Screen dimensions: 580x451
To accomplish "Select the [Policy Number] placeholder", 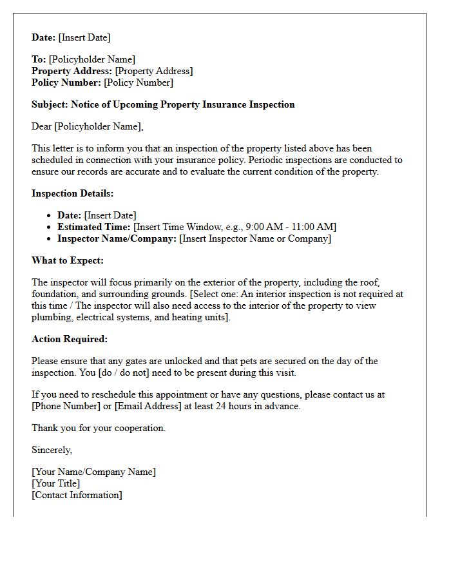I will [x=139, y=82].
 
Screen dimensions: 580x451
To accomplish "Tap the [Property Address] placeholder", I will [x=154, y=71].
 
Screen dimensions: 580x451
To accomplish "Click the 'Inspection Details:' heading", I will [x=72, y=193].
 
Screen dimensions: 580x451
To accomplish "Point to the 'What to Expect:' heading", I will [x=68, y=260].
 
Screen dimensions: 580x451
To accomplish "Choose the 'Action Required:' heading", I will [x=70, y=339].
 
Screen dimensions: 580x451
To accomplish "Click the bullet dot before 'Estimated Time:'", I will [x=50, y=227].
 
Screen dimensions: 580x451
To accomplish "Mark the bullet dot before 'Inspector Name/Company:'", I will [x=50, y=239].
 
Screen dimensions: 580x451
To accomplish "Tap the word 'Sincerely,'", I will [x=52, y=450].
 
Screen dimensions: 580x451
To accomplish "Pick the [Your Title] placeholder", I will [x=56, y=483].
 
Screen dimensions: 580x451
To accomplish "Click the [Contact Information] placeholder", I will [x=77, y=495].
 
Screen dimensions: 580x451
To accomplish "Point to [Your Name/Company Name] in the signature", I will [x=93, y=472].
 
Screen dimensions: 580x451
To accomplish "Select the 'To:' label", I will [x=39, y=59].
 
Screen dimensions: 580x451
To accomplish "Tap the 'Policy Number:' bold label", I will [x=66, y=82].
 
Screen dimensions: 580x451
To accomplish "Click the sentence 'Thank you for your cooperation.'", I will [x=99, y=428].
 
